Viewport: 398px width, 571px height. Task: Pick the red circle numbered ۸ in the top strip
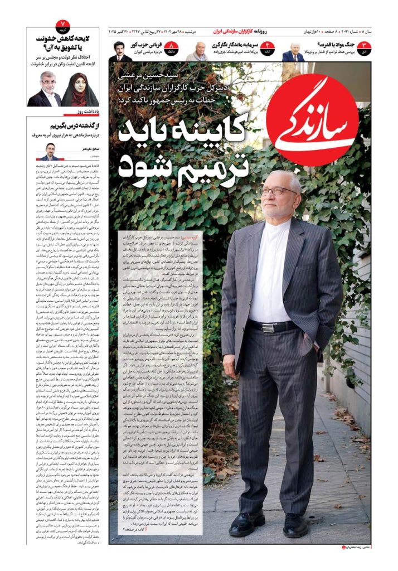[173, 48]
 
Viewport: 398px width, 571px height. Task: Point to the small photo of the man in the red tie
[293, 52]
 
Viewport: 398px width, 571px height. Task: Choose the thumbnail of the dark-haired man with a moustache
[120, 52]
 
